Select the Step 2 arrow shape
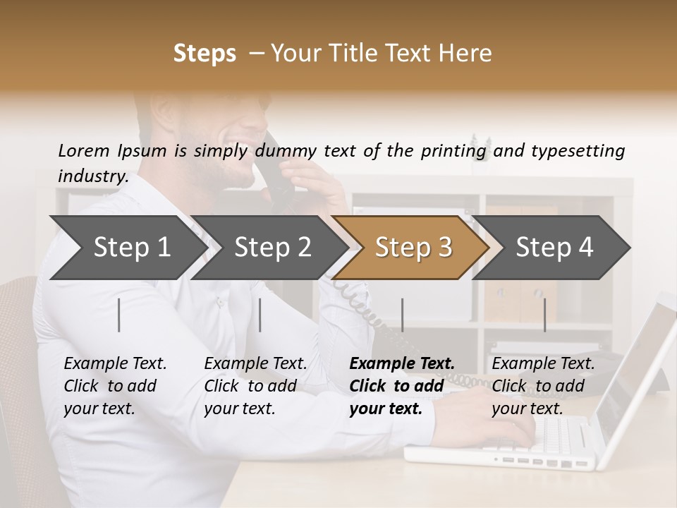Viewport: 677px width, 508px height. [272, 248]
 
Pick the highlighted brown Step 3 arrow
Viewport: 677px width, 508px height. [413, 248]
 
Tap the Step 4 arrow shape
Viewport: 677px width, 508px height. [554, 248]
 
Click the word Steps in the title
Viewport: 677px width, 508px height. [205, 54]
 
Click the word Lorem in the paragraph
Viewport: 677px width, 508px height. [83, 150]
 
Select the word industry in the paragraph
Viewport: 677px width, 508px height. [92, 176]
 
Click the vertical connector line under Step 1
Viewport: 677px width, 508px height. [119, 315]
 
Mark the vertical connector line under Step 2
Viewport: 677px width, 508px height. [260, 315]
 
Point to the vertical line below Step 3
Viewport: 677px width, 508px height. [402, 315]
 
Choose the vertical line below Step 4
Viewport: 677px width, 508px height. [544, 315]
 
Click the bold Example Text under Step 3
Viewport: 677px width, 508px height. [402, 364]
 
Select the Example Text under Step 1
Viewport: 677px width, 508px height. [115, 364]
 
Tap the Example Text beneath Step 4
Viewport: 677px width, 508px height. [543, 364]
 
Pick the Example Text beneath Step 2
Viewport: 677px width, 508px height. [255, 364]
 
